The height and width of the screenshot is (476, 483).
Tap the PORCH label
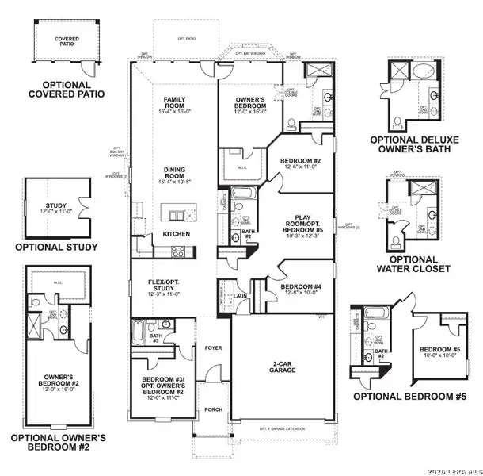point(212,409)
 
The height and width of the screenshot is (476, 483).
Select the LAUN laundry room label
point(239,294)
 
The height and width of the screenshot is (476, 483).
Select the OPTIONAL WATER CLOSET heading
point(412,263)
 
